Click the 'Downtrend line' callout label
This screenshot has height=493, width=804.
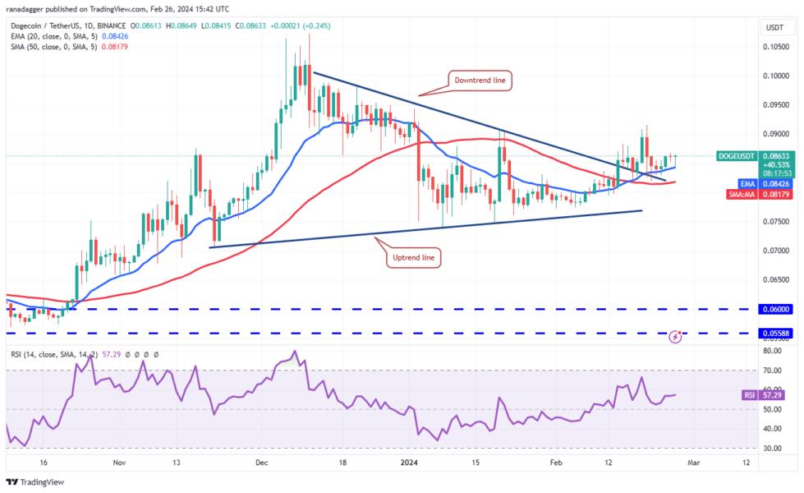(x=482, y=81)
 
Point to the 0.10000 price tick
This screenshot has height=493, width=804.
(x=774, y=76)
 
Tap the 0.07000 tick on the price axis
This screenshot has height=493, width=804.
(x=774, y=251)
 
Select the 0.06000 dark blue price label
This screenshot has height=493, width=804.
(x=774, y=309)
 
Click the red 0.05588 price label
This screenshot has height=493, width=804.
(x=774, y=334)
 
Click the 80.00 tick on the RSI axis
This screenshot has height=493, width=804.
(x=771, y=350)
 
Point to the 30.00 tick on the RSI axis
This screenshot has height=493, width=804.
(x=771, y=449)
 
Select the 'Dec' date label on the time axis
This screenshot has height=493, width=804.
(x=262, y=463)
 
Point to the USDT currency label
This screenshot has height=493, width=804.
(x=774, y=27)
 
